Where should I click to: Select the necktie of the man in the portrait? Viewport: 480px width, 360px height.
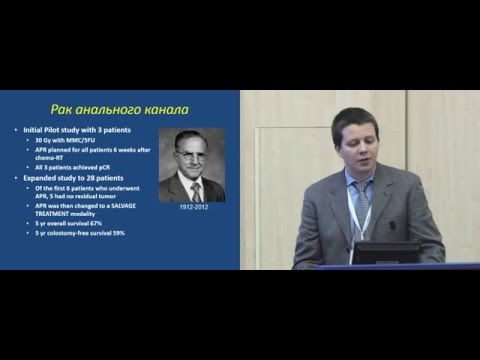tap(196, 191)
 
